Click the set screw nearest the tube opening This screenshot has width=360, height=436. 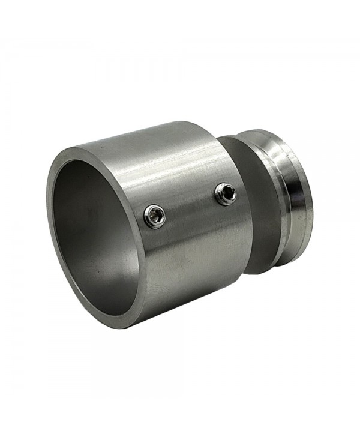tap(155, 216)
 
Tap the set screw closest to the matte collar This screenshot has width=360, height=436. tap(226, 193)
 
